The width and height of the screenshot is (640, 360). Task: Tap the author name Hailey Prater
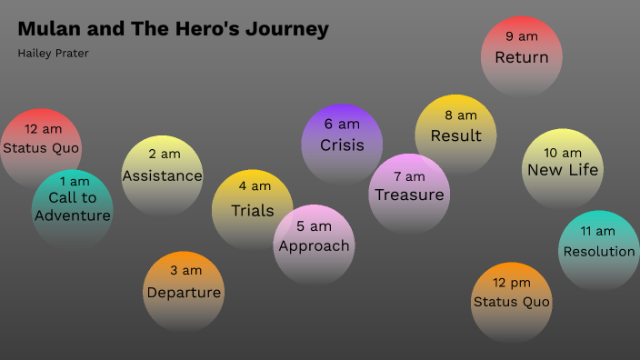pos(54,53)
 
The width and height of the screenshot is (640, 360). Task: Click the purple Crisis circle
pos(342,142)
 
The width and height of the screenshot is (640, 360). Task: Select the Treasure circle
pos(409,192)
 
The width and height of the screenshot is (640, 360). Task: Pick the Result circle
pos(456,133)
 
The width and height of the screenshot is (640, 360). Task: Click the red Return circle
pos(521,55)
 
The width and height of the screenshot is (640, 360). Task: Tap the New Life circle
pos(563,166)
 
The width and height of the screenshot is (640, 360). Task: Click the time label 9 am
pos(522,36)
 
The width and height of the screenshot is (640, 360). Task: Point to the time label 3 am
pos(185,270)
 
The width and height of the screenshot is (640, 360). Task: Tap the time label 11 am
pos(598,231)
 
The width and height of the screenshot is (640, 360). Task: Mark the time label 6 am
pos(342,124)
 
